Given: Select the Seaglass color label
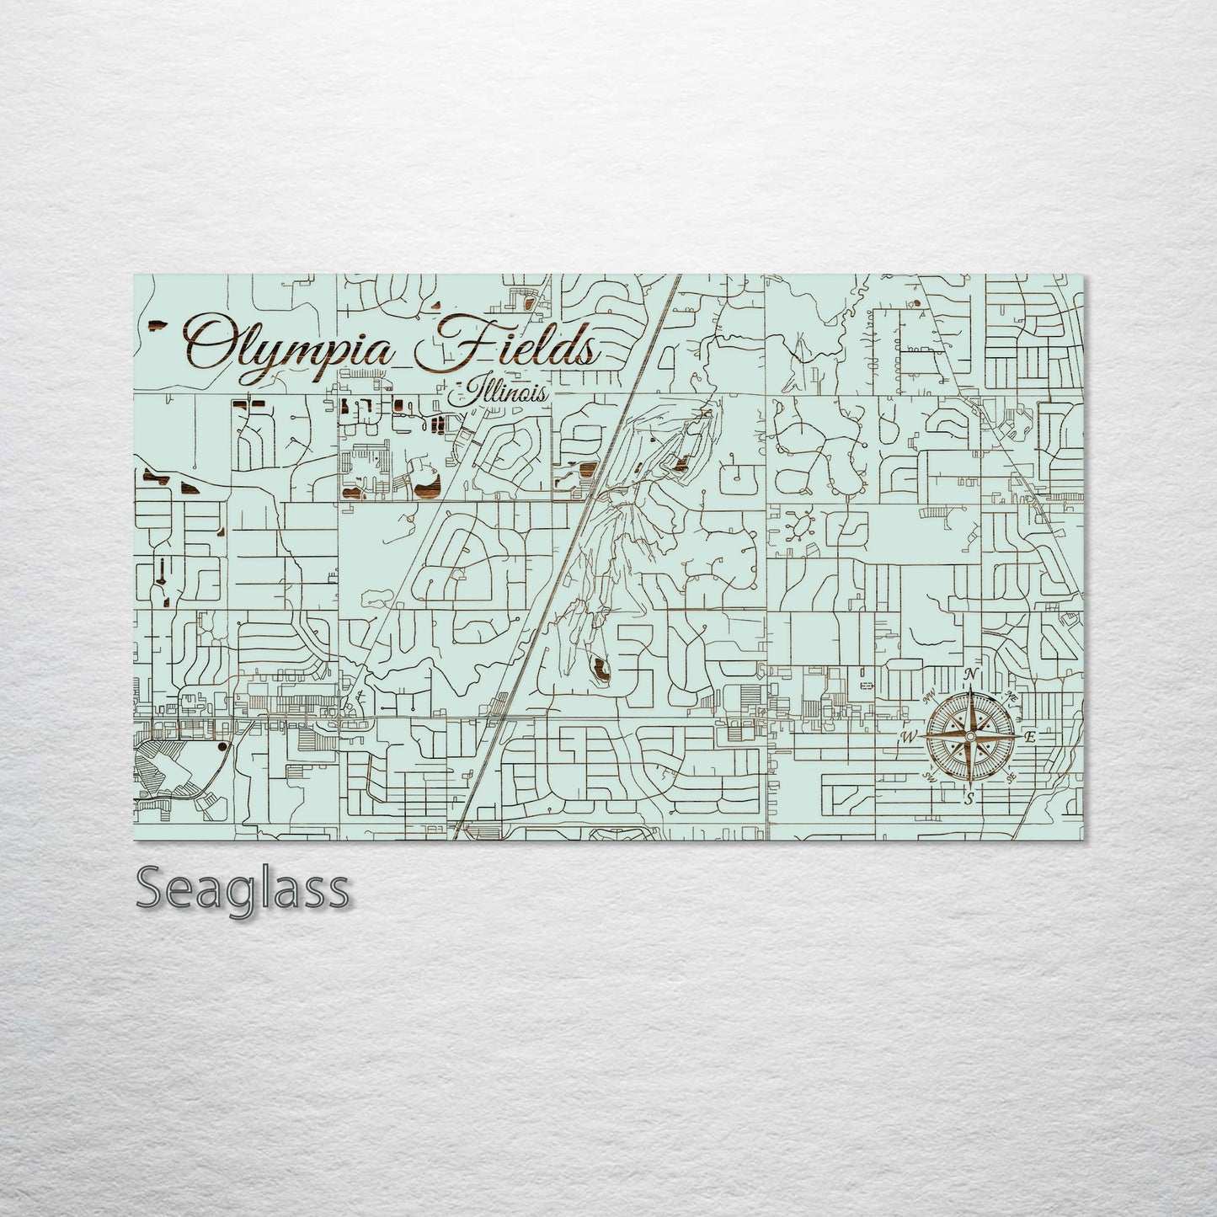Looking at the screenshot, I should pyautogui.click(x=243, y=888).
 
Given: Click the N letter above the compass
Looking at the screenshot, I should pyautogui.click(x=971, y=675).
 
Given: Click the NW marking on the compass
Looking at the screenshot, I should pyautogui.click(x=931, y=697).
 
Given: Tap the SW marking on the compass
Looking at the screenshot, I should pyautogui.click(x=931, y=776).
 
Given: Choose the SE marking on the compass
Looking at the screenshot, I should pyautogui.click(x=1010, y=777).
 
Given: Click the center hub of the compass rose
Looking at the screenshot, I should pyautogui.click(x=970, y=737).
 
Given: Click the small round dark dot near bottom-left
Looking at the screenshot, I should pyautogui.click(x=222, y=746).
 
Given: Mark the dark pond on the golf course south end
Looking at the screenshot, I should pyautogui.click(x=602, y=671).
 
